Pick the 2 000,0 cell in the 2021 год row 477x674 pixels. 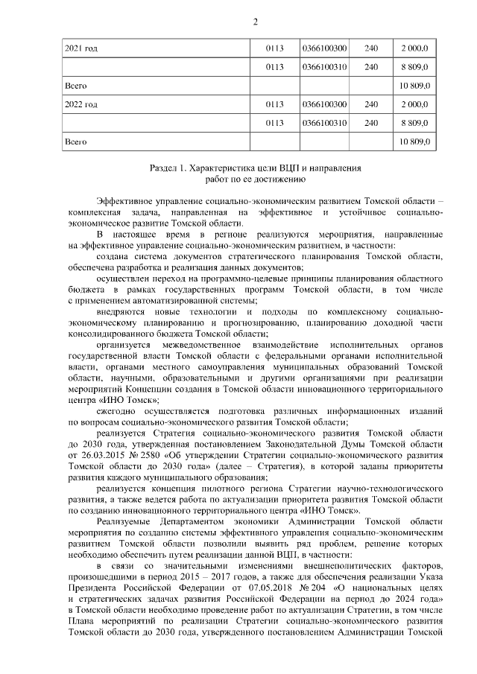pos(414,48)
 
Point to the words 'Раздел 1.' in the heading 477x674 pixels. pos(168,169)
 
